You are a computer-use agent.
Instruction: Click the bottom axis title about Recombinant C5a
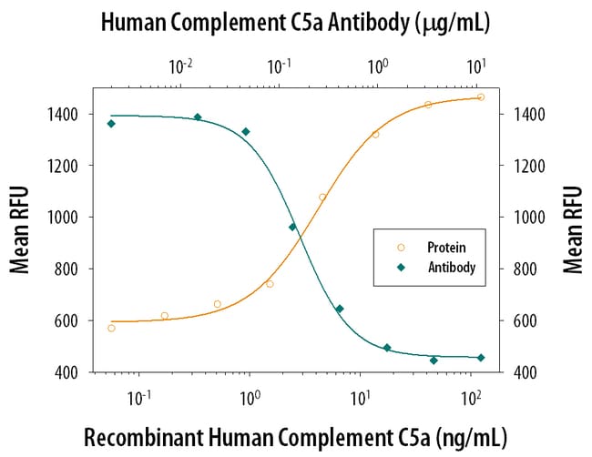[x=295, y=436]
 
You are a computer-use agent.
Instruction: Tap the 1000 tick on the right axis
[x=531, y=218]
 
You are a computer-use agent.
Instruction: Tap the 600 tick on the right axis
[x=531, y=320]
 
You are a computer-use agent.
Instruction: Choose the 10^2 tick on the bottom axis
[x=471, y=398]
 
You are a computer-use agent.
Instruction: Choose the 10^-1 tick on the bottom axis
[x=139, y=398]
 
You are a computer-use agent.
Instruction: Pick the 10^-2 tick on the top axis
[x=181, y=65]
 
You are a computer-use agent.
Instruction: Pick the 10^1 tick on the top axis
[x=476, y=65]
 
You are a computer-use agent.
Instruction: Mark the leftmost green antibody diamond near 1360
[x=111, y=124]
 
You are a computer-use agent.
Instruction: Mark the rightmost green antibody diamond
[x=481, y=358]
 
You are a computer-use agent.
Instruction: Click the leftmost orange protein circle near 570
[x=111, y=328]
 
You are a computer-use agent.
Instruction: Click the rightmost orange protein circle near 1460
[x=481, y=97]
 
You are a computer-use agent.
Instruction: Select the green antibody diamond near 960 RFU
[x=292, y=227]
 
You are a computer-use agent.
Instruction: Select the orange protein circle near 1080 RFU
[x=322, y=197]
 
